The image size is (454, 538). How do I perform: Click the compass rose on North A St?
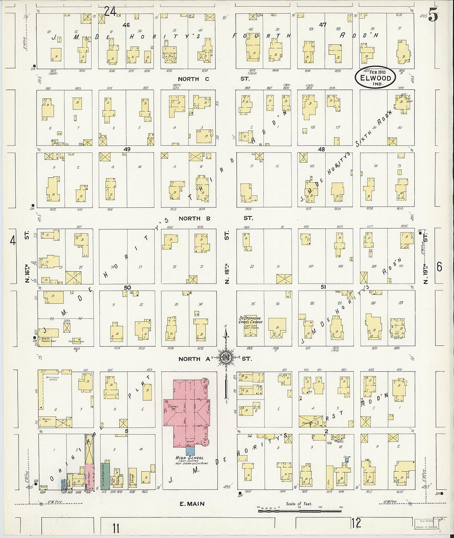[x=226, y=357]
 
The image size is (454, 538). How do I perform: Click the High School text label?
[x=189, y=458]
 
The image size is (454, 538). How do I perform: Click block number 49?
[x=127, y=149]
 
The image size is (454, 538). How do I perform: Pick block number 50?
[x=127, y=287]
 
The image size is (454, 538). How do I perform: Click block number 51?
[x=323, y=287]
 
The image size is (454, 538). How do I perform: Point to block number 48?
[x=321, y=149]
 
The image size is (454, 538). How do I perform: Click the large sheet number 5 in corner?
[x=433, y=16]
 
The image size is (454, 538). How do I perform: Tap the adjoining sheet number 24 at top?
[x=110, y=11]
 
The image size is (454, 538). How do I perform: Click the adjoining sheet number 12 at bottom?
[x=356, y=523]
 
